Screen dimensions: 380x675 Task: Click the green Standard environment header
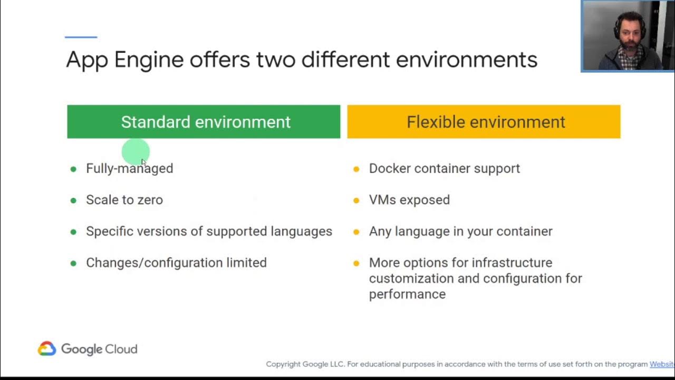pyautogui.click(x=204, y=122)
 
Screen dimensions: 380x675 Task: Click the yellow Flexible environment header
pyautogui.click(x=484, y=122)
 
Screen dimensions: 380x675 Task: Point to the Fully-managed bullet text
pyautogui.click(x=129, y=168)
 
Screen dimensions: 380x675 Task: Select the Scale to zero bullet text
pyautogui.click(x=124, y=200)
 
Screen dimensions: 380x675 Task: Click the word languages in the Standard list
pyautogui.click(x=301, y=231)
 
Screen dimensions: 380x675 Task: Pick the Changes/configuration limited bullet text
pyautogui.click(x=176, y=263)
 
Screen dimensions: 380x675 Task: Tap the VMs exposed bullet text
pyautogui.click(x=409, y=200)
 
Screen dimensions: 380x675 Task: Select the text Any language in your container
pyautogui.click(x=460, y=231)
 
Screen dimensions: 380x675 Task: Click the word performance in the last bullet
pyautogui.click(x=407, y=294)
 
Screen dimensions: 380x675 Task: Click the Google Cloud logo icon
pyautogui.click(x=47, y=349)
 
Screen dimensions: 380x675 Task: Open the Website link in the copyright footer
pyautogui.click(x=662, y=364)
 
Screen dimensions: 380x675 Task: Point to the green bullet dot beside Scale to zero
pyautogui.click(x=73, y=201)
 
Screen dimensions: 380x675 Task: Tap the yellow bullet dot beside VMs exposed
pyautogui.click(x=356, y=201)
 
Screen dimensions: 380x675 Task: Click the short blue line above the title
pyautogui.click(x=81, y=37)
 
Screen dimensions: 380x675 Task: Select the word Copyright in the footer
pyautogui.click(x=283, y=364)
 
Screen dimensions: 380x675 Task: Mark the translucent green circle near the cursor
pyautogui.click(x=136, y=153)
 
